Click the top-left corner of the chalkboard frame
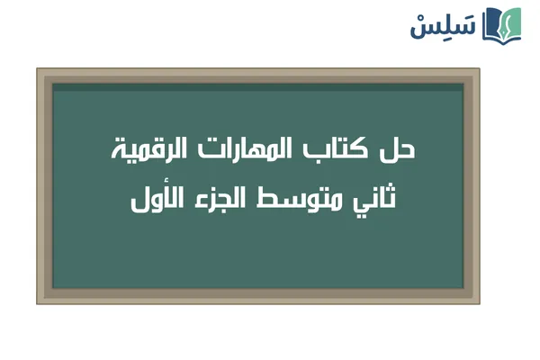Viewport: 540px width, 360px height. [x=38, y=69]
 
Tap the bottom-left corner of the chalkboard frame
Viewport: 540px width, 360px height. [x=38, y=303]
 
